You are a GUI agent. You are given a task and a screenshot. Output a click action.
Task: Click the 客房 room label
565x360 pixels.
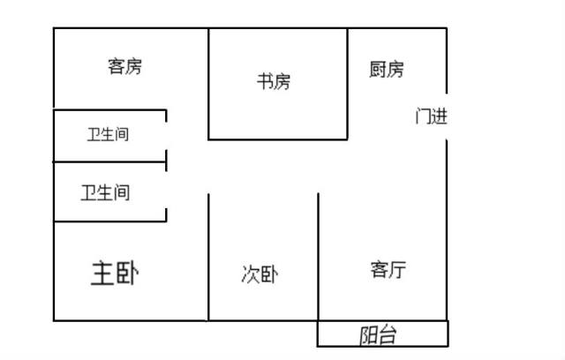click(124, 66)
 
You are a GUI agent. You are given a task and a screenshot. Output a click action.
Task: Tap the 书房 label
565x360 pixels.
click(274, 81)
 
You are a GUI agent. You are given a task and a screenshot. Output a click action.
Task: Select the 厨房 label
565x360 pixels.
click(387, 69)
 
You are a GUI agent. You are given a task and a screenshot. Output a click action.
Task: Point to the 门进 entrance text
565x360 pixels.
click(432, 116)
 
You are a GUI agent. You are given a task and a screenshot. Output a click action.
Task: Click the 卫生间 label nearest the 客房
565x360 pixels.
click(108, 134)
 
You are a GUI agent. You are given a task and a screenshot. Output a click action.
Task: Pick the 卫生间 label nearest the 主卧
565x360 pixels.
click(105, 192)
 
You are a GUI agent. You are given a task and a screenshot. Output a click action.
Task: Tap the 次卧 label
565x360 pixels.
click(260, 274)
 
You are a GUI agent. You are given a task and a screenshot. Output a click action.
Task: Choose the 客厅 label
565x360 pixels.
click(388, 269)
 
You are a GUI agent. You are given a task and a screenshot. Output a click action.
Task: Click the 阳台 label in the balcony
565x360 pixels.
click(378, 334)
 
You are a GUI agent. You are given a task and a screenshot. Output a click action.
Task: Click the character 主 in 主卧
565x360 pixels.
click(102, 274)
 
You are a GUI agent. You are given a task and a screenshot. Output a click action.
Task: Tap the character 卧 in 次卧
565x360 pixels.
click(269, 274)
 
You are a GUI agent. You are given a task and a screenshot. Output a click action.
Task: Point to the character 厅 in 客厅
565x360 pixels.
click(397, 270)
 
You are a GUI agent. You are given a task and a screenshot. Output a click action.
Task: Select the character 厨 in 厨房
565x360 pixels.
click(378, 69)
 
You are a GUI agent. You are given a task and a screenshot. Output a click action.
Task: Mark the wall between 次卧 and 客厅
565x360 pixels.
click(318, 257)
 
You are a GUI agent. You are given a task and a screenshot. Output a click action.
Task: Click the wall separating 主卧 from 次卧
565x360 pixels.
click(208, 257)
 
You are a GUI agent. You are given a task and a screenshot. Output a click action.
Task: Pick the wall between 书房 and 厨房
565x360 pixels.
click(347, 84)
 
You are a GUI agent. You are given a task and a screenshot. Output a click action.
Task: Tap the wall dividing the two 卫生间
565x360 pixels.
click(109, 162)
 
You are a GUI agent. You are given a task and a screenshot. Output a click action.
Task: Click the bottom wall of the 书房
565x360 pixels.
click(278, 139)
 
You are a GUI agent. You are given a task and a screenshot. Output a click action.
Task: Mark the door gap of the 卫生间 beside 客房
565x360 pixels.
click(166, 136)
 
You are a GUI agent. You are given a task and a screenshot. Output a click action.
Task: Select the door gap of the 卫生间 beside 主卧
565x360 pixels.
click(166, 190)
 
